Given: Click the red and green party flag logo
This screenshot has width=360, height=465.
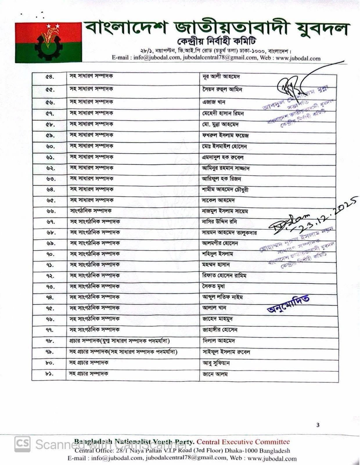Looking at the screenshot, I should [48, 42].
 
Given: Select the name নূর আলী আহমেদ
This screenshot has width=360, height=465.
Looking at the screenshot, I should [221, 77].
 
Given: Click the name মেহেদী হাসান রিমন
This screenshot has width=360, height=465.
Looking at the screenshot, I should [223, 113].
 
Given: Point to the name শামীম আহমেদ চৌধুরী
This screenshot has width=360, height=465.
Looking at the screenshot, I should [225, 190].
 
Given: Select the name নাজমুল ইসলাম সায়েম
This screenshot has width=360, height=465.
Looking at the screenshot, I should [225, 211].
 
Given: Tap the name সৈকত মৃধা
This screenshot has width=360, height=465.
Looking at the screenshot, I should [213, 287].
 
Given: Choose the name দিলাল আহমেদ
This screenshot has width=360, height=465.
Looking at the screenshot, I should [219, 341].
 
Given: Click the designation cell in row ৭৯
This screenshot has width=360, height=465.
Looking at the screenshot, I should [123, 352].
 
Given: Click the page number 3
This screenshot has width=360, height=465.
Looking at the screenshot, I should [318, 425].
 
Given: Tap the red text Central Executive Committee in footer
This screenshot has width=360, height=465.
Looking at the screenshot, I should [243, 442].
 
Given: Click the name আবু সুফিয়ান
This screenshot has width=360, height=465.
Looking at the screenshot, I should [216, 363].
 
